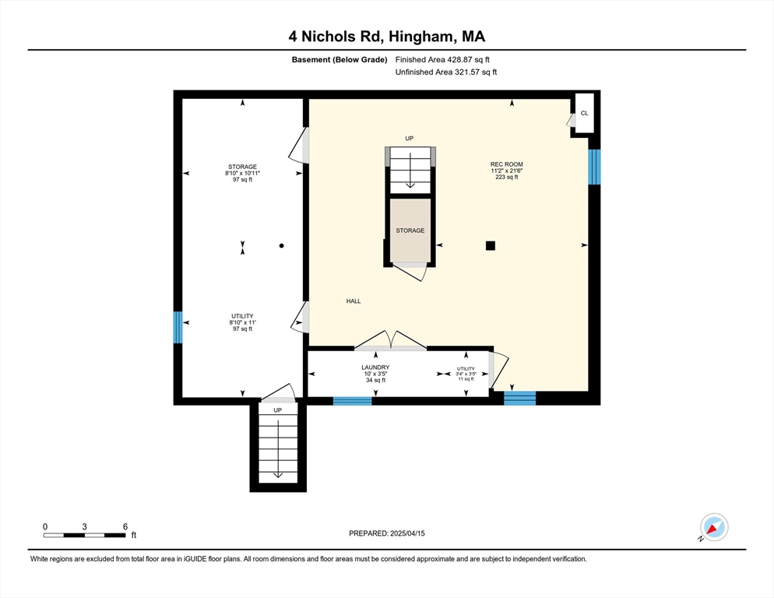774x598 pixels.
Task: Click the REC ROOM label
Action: pos(506,164)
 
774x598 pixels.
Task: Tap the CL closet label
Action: pos(585,113)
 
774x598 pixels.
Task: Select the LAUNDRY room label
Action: pos(375,368)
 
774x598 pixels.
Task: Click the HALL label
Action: pos(354,301)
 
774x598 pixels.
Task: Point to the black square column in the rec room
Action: pos(490,245)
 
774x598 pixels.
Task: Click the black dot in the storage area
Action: pos(281,245)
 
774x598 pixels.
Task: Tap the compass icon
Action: pos(714,527)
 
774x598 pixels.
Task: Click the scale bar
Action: pos(84,535)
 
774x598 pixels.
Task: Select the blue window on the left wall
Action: pos(178,327)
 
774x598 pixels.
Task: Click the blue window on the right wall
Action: pos(594,167)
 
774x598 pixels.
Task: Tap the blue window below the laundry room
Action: pos(353,401)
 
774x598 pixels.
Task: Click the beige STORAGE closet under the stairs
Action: pos(410,230)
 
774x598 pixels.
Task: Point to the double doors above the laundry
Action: pos(390,341)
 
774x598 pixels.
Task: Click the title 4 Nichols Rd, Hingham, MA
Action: pos(387,37)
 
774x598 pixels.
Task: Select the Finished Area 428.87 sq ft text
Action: pos(442,60)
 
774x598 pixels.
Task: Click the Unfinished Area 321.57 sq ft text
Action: pos(445,72)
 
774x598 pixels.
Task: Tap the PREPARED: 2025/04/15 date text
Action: pos(387,533)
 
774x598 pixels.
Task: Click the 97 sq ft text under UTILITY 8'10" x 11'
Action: pos(242,329)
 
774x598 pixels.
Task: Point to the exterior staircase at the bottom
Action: pos(278,448)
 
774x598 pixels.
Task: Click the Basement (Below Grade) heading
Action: pos(340,60)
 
